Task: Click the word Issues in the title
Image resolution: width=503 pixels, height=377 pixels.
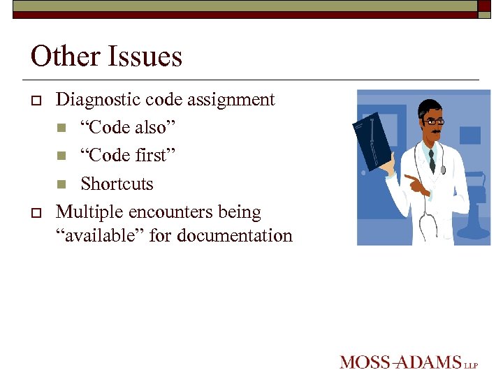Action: [x=145, y=56]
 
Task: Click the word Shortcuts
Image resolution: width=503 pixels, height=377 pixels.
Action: [x=117, y=184]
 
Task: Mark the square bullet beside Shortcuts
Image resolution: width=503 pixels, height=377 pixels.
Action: [x=62, y=184]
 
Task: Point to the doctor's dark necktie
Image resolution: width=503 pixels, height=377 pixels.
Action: [x=432, y=161]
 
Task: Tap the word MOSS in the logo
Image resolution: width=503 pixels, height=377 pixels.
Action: [x=365, y=362]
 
